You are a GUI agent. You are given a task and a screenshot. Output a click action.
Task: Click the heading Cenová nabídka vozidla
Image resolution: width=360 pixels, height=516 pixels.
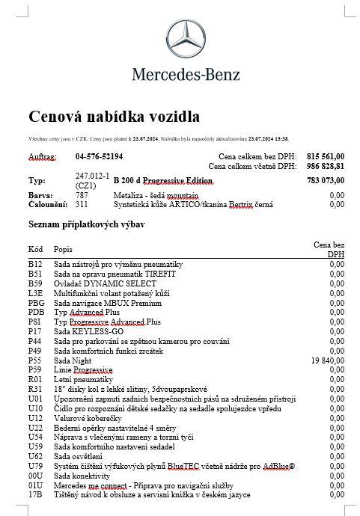coord(114,117)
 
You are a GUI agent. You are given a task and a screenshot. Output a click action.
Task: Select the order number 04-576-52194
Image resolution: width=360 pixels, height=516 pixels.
coord(100,157)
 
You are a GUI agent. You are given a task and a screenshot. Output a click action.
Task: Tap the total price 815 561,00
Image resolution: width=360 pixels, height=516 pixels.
coord(326,157)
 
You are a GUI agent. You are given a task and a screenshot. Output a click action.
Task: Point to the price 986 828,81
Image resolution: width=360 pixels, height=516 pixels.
coord(326,167)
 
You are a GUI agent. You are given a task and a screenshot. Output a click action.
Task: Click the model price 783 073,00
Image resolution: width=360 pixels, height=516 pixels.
coord(326,180)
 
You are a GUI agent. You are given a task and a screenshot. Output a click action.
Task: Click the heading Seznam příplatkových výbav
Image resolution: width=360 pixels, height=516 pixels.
coord(86,224)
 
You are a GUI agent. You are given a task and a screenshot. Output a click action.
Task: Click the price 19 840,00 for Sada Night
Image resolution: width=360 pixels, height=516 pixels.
coord(327,360)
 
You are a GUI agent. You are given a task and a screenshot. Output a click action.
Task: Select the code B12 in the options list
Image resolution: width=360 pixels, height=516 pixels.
coord(35,265)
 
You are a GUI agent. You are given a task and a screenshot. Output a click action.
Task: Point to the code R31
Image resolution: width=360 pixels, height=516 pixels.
coord(35,389)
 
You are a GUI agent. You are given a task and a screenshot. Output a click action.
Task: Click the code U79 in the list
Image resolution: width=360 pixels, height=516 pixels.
coord(35,466)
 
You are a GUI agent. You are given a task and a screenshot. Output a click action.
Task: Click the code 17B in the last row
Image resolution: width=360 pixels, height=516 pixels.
coord(35,494)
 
